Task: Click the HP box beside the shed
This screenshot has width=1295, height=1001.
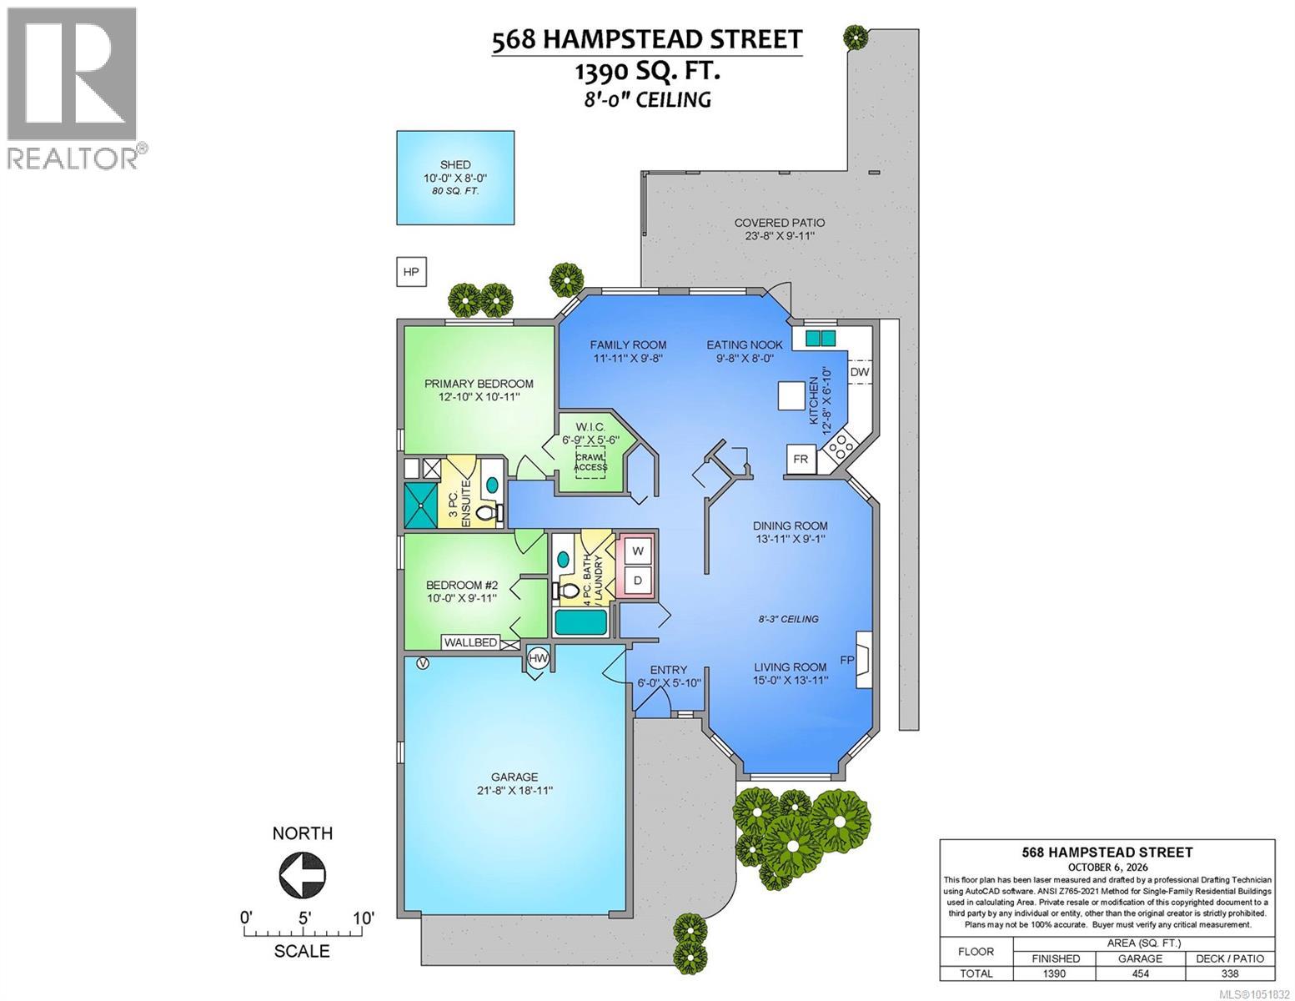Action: click(411, 272)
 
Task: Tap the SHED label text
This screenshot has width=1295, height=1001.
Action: click(455, 164)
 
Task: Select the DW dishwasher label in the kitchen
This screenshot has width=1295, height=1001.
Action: click(860, 371)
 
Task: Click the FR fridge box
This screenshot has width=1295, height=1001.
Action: click(801, 459)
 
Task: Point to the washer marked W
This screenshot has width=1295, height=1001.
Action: click(638, 551)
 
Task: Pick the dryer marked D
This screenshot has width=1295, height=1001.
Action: click(638, 580)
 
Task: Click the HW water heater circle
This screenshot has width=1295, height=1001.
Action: click(538, 659)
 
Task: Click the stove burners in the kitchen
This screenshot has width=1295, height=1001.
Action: click(840, 446)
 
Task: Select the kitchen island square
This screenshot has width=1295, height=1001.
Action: click(792, 395)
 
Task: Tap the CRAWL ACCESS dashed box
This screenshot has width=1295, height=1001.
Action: click(590, 462)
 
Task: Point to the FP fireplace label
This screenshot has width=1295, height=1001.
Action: click(847, 660)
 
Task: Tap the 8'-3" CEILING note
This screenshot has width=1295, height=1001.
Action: click(789, 619)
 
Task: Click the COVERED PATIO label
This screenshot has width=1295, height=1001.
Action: click(780, 223)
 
